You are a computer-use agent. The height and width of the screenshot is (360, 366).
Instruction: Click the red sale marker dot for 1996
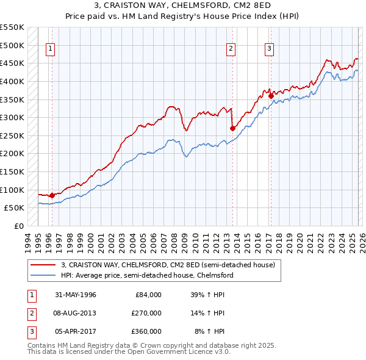(x=52, y=195)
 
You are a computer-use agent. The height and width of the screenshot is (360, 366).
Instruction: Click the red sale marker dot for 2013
(x=232, y=128)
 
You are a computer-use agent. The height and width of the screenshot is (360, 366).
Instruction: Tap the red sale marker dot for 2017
(x=271, y=95)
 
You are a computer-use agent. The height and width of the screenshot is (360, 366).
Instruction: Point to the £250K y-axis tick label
(x=12, y=135)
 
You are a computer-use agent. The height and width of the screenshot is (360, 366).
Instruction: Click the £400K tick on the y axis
(x=12, y=81)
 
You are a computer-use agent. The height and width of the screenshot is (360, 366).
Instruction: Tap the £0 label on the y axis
(x=18, y=226)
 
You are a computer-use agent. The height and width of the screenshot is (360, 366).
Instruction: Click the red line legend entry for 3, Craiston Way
(x=168, y=265)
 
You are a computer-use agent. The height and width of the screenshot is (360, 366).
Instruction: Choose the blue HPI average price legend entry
(x=146, y=275)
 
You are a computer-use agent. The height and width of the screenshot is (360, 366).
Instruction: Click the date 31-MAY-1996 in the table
(x=76, y=295)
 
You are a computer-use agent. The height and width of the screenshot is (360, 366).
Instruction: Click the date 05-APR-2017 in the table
(x=76, y=331)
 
